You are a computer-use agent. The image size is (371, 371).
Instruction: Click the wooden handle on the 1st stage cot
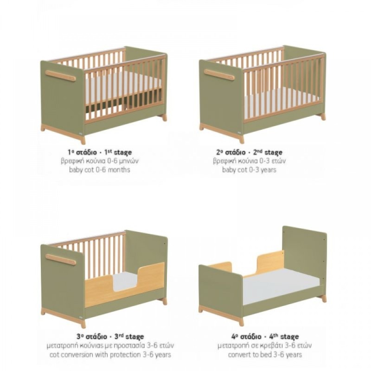tap(61, 76)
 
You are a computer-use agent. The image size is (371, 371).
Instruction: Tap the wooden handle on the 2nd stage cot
tap(219, 75)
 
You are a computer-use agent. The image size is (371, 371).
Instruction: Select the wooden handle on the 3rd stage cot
tap(61, 259)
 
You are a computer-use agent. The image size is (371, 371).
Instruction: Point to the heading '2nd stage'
tap(268, 152)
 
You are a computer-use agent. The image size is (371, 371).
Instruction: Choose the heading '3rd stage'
tap(129, 337)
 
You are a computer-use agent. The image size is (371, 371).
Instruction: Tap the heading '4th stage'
tap(284, 337)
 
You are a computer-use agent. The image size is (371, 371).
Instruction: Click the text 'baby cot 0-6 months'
tap(100, 170)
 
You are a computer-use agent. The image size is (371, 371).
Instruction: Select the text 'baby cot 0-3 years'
tap(249, 170)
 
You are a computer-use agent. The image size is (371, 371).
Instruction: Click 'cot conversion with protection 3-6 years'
tap(110, 355)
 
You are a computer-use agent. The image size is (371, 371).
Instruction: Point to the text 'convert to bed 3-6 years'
tap(265, 355)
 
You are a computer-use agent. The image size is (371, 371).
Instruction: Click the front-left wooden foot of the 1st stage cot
tap(83, 141)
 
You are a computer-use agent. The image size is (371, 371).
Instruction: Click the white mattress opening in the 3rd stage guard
tap(126, 281)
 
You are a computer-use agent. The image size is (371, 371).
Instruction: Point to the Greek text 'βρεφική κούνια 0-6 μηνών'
tap(100, 161)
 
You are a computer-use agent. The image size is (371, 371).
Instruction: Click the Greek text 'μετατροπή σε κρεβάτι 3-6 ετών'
tap(265, 345)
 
